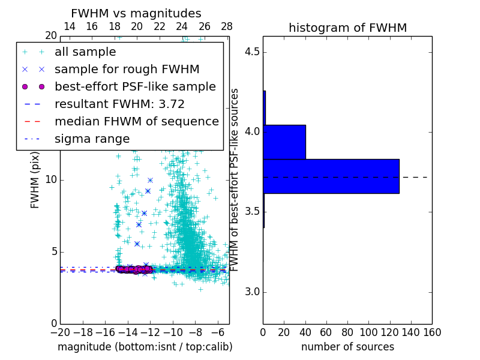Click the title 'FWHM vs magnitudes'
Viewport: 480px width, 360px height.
(136, 14)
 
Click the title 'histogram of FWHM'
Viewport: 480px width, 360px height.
(347, 28)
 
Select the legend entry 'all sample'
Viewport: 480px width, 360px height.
(85, 52)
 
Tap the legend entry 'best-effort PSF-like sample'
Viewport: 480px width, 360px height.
(135, 87)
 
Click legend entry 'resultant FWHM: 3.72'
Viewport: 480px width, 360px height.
(119, 104)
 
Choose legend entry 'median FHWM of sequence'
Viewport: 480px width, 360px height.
(136, 122)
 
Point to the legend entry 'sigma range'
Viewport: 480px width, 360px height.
(92, 139)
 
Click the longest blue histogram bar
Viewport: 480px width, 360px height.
(331, 176)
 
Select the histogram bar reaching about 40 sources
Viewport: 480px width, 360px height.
(284, 142)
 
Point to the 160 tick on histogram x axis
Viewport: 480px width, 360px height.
(432, 332)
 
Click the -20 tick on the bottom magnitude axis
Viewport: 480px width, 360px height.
(60, 332)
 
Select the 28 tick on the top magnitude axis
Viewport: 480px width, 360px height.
(227, 26)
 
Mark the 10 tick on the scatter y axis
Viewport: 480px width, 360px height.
(51, 179)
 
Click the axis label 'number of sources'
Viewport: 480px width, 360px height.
(347, 347)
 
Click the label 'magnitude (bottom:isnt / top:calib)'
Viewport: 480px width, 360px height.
(145, 347)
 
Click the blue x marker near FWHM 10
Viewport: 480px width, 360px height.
(150, 180)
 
